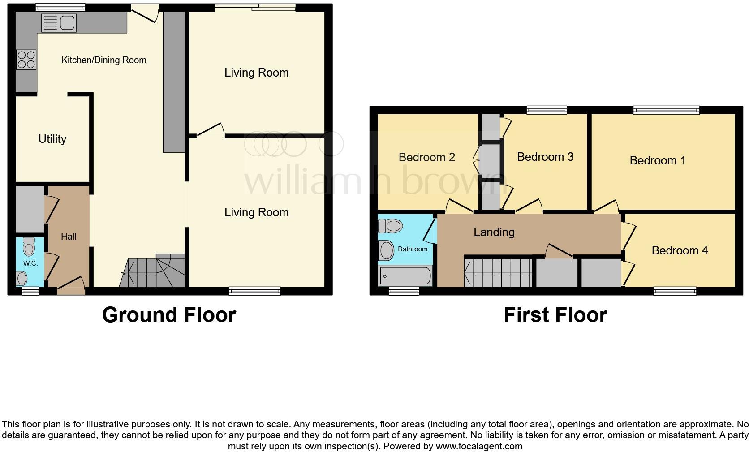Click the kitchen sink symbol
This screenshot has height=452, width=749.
(59, 23)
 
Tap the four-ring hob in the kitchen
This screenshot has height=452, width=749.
(26, 60)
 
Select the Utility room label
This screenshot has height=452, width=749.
(52, 139)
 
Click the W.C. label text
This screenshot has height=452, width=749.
(30, 263)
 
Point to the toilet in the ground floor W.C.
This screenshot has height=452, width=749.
(29, 246)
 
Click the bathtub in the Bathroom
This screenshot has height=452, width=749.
(405, 276)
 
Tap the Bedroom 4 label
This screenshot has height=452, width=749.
(680, 250)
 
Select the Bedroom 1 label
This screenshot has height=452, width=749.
(657, 160)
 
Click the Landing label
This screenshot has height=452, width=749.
(494, 232)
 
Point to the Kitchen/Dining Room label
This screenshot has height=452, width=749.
(103, 60)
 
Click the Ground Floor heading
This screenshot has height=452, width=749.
(169, 315)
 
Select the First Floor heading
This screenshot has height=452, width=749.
(555, 315)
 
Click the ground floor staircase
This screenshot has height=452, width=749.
(152, 271)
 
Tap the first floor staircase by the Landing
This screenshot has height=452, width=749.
(498, 272)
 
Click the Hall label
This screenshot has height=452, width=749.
(69, 237)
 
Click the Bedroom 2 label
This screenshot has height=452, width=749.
(426, 157)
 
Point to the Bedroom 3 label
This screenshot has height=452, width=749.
(545, 157)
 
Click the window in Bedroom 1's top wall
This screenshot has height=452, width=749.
(666, 110)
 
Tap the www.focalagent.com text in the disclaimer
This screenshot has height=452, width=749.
(478, 446)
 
